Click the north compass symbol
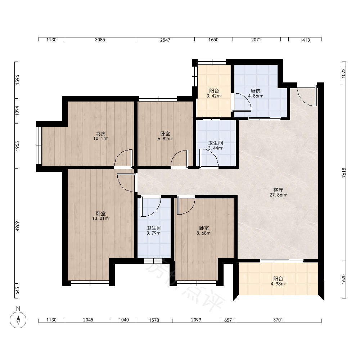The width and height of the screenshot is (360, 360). click(18, 320)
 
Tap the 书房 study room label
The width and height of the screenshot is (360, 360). click(100, 134)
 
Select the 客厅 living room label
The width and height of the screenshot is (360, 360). click(278, 190)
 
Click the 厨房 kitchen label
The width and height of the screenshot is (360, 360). click(255, 91)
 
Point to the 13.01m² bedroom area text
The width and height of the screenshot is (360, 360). click(101, 219)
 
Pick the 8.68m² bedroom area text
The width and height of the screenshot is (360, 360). click(204, 233)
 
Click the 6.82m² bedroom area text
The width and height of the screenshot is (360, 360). click(165, 139)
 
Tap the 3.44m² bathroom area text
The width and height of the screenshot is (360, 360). click(215, 148)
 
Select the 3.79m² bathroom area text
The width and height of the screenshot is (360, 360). click(154, 233)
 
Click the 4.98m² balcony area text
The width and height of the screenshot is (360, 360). click(278, 284)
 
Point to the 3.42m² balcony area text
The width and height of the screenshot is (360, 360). click(214, 96)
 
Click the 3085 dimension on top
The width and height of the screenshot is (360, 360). click(100, 40)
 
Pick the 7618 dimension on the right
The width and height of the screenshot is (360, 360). click(344, 173)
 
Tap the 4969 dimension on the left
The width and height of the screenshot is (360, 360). click(17, 226)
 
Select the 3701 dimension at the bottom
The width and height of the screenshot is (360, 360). click(278, 320)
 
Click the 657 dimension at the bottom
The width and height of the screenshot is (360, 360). click(228, 320)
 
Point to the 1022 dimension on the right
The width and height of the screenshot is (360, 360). click(344, 73)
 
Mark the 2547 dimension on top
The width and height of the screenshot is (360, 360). click(165, 40)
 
